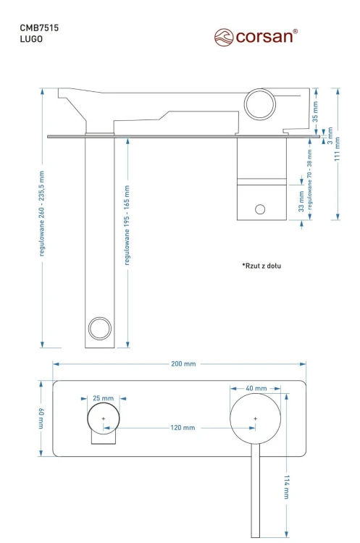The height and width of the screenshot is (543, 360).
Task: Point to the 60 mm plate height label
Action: [x=41, y=418]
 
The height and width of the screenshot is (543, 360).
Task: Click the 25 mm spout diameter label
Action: [x=103, y=399]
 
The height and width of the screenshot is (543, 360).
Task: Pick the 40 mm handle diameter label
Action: [x=256, y=389]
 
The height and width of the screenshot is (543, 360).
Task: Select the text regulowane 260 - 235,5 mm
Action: [x=43, y=214]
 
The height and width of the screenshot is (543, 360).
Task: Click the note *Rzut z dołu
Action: [x=261, y=266]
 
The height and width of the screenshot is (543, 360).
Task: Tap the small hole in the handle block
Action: [x=259, y=210]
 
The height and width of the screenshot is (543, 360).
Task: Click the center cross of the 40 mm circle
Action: [x=255, y=418]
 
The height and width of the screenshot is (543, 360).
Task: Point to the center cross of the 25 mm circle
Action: [x=103, y=418]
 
